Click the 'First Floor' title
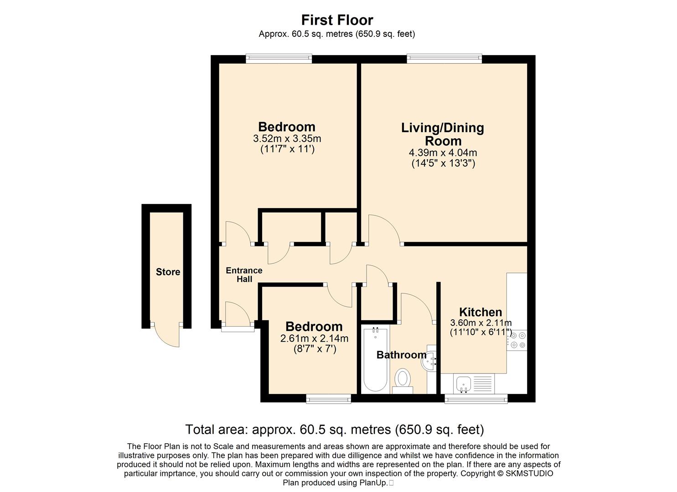click(337, 20)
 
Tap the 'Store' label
click(168, 272)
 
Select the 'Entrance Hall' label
click(244, 275)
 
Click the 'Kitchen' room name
click(481, 312)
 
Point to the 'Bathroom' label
click(401, 354)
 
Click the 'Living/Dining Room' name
click(443, 134)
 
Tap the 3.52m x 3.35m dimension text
click(287, 138)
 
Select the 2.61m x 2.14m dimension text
click(314, 338)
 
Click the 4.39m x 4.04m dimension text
click(443, 153)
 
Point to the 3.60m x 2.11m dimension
click(481, 323)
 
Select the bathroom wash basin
click(429, 360)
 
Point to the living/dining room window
click(444, 58)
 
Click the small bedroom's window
click(329, 399)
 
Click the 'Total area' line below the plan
click(335, 430)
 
